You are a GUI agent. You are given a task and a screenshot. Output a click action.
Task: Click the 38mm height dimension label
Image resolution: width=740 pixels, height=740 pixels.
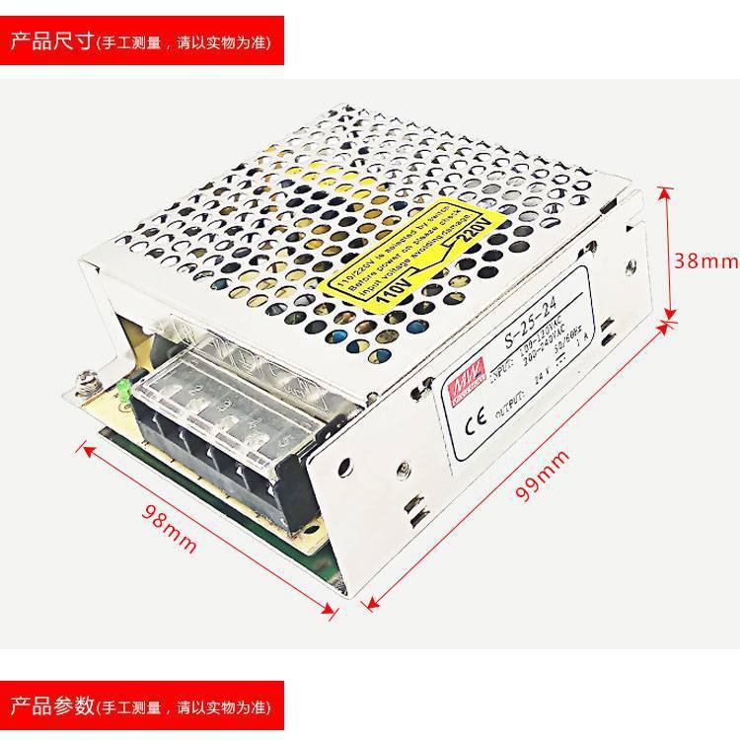pos(704,260)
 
